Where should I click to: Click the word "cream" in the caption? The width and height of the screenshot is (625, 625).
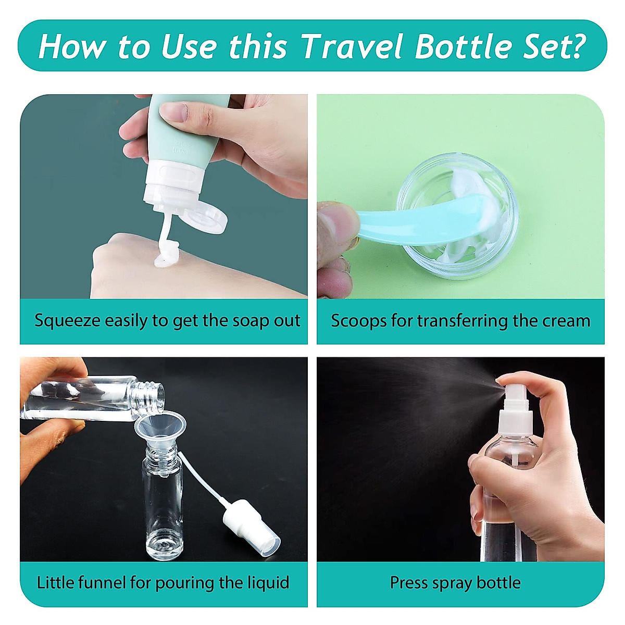(566, 321)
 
